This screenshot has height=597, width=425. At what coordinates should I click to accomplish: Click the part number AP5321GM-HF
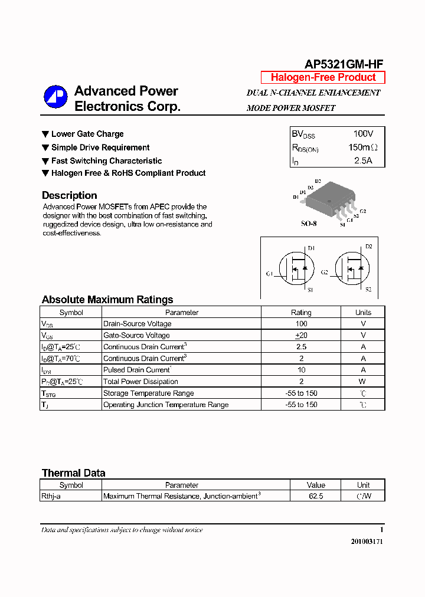click(x=344, y=65)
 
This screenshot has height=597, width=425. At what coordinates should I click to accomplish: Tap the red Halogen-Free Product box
click(x=323, y=77)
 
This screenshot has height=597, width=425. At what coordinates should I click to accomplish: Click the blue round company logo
click(x=55, y=98)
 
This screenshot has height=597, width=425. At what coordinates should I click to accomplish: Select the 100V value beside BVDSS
click(x=363, y=134)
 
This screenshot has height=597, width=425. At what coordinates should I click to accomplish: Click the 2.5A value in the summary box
click(x=363, y=160)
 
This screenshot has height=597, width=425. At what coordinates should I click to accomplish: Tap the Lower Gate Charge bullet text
click(x=87, y=134)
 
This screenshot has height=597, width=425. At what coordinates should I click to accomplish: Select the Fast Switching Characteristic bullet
click(x=106, y=160)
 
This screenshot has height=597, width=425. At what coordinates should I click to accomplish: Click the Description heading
click(x=69, y=195)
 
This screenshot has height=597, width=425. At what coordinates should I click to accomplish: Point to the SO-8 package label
click(x=309, y=224)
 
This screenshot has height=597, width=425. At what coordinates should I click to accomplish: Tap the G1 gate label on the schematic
click(x=269, y=274)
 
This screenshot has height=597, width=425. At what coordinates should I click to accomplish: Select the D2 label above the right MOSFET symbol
click(x=369, y=247)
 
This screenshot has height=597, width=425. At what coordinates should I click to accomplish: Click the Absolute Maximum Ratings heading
click(x=107, y=300)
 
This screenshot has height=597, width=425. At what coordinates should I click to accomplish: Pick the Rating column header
click(x=301, y=313)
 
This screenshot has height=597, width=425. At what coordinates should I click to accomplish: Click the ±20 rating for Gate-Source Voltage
click(x=301, y=336)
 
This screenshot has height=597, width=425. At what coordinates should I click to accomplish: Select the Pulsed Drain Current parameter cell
click(x=137, y=370)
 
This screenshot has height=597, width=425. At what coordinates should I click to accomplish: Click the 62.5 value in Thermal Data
click(x=316, y=497)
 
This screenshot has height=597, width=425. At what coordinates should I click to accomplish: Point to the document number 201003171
click(x=366, y=542)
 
